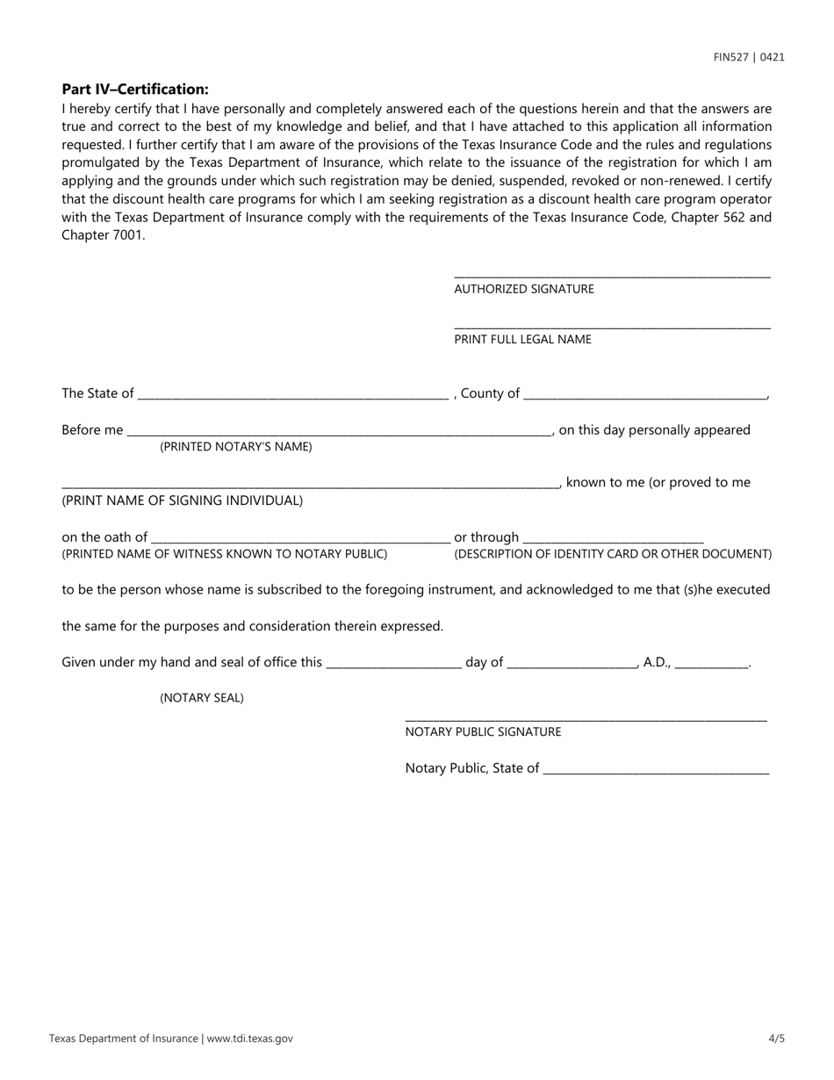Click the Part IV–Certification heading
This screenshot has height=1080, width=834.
tap(135, 90)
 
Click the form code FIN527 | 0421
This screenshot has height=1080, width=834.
tap(749, 58)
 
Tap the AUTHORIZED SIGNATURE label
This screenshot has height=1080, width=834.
tap(523, 289)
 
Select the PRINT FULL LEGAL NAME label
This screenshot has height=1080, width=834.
tap(522, 340)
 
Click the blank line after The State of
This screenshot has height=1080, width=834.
tap(292, 393)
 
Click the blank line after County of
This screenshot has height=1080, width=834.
tap(644, 393)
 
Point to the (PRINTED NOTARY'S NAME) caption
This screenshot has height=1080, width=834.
tap(235, 447)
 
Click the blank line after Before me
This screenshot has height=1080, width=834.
tap(339, 430)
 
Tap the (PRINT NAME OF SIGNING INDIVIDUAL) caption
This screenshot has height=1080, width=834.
tap(182, 500)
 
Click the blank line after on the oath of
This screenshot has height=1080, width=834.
tap(300, 537)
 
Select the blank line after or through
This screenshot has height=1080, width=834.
tap(613, 537)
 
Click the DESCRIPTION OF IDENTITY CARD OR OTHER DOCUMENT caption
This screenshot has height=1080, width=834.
tap(613, 554)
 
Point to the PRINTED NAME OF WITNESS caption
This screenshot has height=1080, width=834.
tap(224, 554)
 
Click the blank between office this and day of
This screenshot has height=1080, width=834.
tap(393, 663)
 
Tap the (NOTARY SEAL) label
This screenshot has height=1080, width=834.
tap(202, 698)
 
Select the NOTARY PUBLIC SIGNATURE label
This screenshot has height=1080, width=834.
tap(483, 732)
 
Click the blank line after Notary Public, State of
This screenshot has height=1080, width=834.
tap(656, 769)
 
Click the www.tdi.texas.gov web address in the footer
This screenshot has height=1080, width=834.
tap(250, 1039)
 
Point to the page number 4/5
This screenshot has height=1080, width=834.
tap(776, 1039)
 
